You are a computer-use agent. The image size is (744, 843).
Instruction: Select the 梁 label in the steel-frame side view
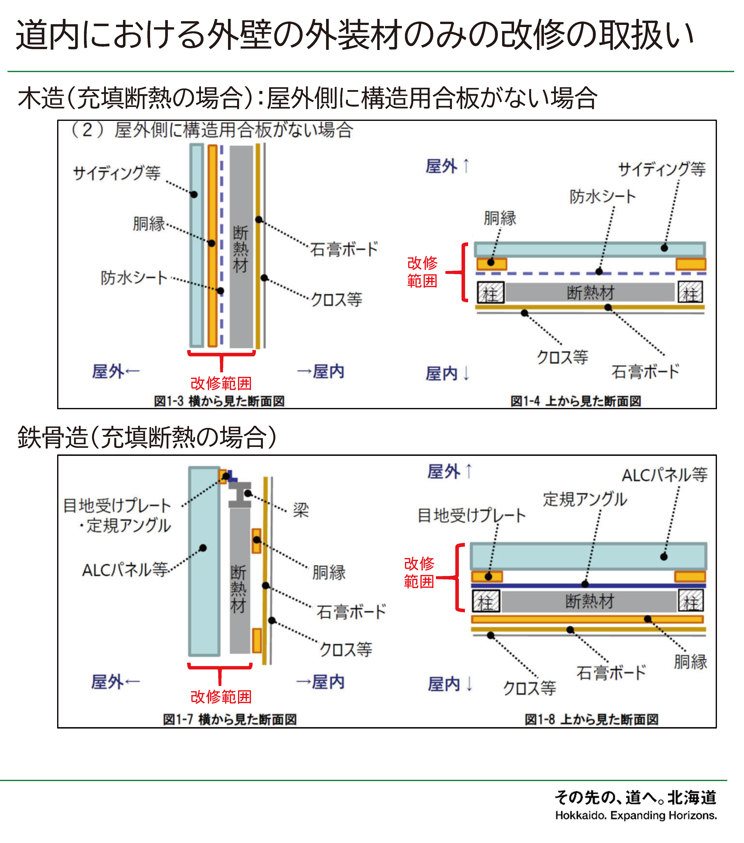click(x=301, y=510)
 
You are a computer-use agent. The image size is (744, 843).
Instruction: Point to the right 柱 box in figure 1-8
click(x=691, y=601)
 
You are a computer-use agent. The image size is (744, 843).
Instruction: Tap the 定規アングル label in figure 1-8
click(x=585, y=499)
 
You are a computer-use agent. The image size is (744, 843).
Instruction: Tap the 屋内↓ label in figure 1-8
click(x=450, y=684)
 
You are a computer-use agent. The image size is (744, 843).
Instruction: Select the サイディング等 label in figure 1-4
click(x=662, y=169)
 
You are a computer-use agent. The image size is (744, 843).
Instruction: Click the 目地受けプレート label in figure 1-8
click(x=471, y=515)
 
